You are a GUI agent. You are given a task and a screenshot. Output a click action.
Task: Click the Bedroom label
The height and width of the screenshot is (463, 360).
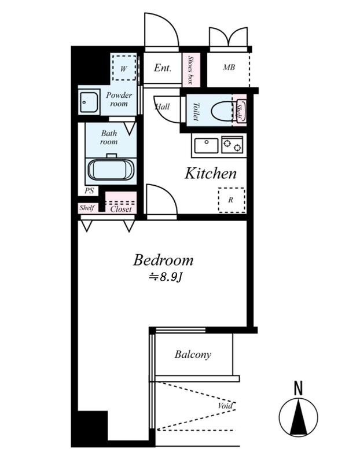(163, 260)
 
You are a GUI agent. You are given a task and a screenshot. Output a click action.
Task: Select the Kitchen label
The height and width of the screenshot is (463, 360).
(211, 173)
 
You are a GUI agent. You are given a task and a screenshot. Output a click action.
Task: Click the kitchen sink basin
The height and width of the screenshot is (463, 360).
(207, 145)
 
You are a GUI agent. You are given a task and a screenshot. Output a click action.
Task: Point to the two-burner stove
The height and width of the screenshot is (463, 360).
(233, 145)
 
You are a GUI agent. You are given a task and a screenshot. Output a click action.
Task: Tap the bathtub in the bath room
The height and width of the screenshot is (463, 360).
(111, 170)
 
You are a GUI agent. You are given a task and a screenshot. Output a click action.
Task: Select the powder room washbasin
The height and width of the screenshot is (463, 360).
(89, 102)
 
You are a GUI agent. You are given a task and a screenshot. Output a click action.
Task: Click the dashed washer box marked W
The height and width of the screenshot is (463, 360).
(124, 68)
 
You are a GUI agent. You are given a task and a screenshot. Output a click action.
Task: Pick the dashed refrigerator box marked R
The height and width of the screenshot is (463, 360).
(232, 200)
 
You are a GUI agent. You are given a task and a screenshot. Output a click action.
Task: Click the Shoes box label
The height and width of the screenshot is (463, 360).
(191, 70)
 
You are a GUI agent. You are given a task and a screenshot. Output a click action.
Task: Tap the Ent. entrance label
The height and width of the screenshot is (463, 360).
(163, 68)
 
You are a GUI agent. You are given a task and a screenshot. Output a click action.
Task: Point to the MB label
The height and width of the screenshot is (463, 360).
(229, 67)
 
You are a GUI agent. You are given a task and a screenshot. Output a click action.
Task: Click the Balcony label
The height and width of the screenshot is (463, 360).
(193, 354)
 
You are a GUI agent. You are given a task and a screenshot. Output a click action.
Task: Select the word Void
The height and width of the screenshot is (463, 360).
(225, 406)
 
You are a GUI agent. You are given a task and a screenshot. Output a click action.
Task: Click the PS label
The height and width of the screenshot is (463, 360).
(89, 191)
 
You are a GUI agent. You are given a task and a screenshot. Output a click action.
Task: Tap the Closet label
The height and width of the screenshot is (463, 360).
(121, 209)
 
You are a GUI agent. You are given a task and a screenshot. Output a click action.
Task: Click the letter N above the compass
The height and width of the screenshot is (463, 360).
(299, 388)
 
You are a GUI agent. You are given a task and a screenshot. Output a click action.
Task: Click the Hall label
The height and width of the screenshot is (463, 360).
(163, 106)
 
